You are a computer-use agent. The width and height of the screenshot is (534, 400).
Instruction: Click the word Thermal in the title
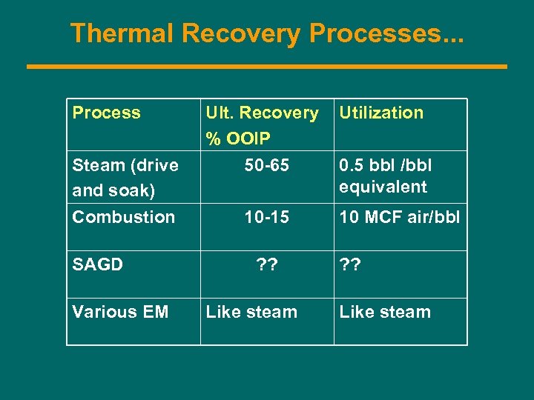[x=122, y=33]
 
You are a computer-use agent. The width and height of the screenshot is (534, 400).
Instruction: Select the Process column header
[x=106, y=113]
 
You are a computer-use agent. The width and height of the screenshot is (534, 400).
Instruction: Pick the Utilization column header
[x=381, y=113]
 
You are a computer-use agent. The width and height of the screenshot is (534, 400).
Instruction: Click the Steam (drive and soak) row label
[x=125, y=177]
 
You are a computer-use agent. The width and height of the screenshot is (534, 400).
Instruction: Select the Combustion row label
[x=123, y=217]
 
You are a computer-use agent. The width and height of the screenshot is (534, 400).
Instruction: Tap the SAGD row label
[x=97, y=264]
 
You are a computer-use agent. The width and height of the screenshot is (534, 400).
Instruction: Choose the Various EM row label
[x=120, y=312]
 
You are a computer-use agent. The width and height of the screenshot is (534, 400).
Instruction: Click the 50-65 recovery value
[x=267, y=165]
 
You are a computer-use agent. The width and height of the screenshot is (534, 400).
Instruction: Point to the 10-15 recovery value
[x=267, y=217]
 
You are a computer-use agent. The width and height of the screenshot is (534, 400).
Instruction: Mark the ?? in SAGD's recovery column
[x=267, y=264]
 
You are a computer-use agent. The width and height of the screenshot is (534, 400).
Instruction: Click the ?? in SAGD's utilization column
[x=350, y=264]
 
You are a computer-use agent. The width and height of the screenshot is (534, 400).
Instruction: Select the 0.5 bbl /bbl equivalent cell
[x=384, y=176]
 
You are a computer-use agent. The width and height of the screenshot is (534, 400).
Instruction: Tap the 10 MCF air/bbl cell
[x=399, y=217]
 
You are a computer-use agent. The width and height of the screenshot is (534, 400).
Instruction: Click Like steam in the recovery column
[x=251, y=312]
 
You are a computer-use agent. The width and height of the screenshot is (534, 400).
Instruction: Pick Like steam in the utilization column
[x=385, y=312]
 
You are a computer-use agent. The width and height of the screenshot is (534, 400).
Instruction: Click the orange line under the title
[x=267, y=67]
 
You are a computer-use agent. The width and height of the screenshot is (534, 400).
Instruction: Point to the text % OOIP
[x=238, y=139]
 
